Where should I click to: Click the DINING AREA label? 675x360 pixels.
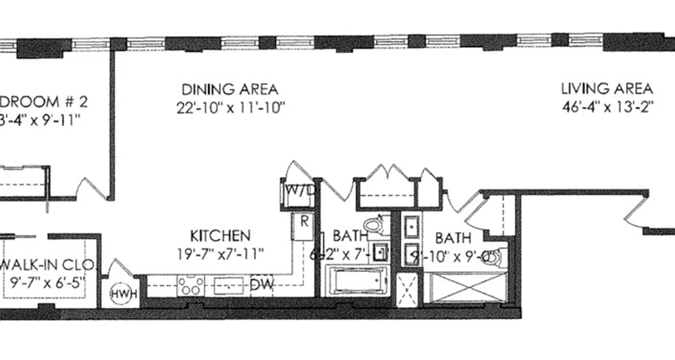(229, 89)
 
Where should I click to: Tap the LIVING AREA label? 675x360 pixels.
(607, 89)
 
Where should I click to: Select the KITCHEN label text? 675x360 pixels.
(220, 235)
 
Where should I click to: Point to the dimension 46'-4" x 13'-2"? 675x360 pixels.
(607, 108)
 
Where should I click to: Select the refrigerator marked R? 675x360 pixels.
(304, 227)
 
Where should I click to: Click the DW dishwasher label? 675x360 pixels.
(261, 284)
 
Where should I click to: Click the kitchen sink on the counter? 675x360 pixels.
(229, 285)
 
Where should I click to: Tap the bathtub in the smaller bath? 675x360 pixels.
(356, 280)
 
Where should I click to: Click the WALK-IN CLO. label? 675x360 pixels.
(47, 265)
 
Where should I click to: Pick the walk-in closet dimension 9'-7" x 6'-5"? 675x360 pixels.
(47, 283)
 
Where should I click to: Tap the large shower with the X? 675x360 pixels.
(468, 288)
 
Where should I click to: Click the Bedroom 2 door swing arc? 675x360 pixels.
(90, 188)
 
